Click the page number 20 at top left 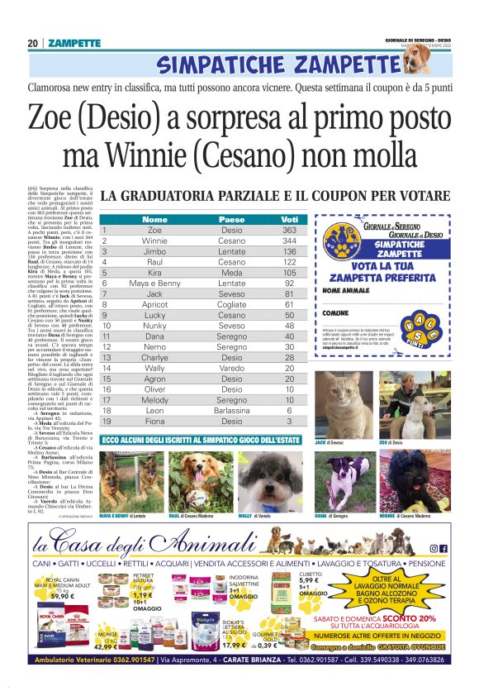coord(32,43)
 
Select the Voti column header coord(288,219)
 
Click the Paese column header coord(231,219)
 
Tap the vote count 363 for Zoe coord(288,230)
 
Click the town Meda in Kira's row coord(231,272)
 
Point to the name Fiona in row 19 coord(154,421)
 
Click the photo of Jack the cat coord(344,405)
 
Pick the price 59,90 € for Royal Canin coord(62,596)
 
